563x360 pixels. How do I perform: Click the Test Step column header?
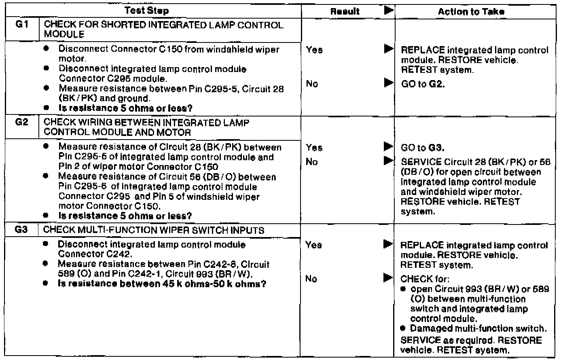click(146, 11)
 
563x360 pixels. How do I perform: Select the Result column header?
click(345, 12)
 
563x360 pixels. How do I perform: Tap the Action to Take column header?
click(471, 12)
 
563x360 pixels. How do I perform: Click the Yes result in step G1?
click(314, 50)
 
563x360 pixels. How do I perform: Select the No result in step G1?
click(312, 84)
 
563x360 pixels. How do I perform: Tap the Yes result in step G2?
click(314, 148)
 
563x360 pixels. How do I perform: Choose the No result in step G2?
click(312, 162)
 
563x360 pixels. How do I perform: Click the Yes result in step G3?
click(314, 245)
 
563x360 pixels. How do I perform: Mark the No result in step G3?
click(311, 279)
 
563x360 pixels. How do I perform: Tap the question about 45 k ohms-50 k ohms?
click(162, 284)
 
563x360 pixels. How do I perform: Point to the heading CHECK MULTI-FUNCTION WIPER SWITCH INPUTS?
click(154, 230)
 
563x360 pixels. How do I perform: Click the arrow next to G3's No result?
click(389, 278)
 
